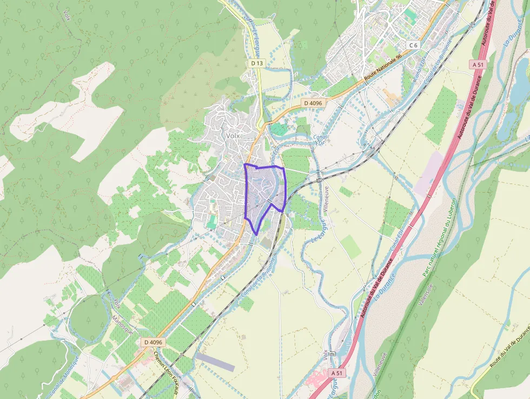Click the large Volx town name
click(233, 136)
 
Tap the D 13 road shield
click(257, 63)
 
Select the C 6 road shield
click(413, 45)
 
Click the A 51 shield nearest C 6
click(477, 64)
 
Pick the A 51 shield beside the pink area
click(336, 373)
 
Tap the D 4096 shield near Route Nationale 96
click(313, 103)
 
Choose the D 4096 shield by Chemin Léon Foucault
click(153, 342)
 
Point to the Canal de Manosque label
click(64, 375)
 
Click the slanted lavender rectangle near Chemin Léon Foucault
click(215, 362)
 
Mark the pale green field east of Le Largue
click(351, 246)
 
